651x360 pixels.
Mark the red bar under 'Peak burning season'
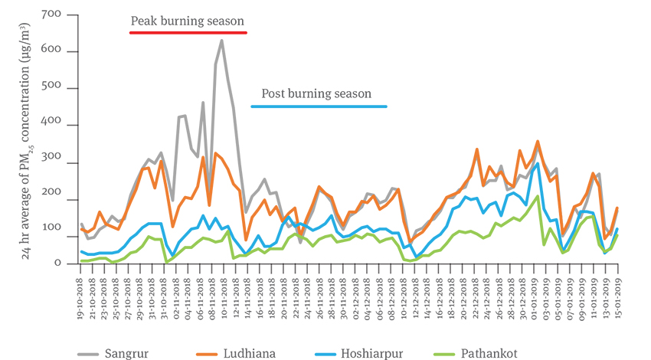coord(188,33)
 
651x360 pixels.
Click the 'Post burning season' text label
coord(317,93)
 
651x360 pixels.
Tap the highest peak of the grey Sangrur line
coord(222,41)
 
